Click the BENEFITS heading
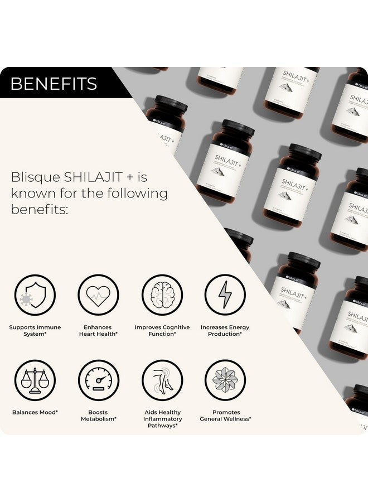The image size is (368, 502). tap(54, 84)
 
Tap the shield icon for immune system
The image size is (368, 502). tap(35, 295)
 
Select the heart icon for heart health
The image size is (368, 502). tap(98, 295)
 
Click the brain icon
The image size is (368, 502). tap(162, 295)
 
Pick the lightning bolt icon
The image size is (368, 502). tap(225, 295)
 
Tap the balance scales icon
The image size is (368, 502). tap(35, 380)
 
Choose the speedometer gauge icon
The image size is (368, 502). tap(98, 380)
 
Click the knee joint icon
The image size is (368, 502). tap(162, 380)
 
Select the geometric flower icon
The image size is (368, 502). tap(225, 380)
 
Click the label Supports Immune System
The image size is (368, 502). tap(35, 331)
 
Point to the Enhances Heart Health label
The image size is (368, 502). tap(98, 331)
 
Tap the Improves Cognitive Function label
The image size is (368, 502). tap(162, 331)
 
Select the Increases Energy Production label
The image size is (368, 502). tap(225, 331)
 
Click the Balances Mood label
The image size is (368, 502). tap(35, 413)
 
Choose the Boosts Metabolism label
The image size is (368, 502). tap(98, 416)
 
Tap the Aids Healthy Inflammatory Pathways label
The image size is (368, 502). tap(162, 419)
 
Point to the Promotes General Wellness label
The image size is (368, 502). tap(225, 416)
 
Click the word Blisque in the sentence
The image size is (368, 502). tap(35, 177)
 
